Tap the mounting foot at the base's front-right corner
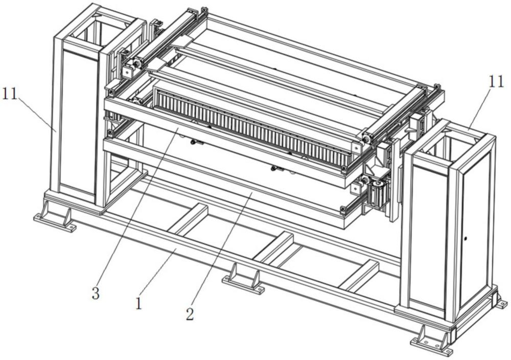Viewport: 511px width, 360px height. (432, 341)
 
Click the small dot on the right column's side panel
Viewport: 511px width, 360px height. (466, 239)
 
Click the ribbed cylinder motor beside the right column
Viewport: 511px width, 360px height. (379, 192)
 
